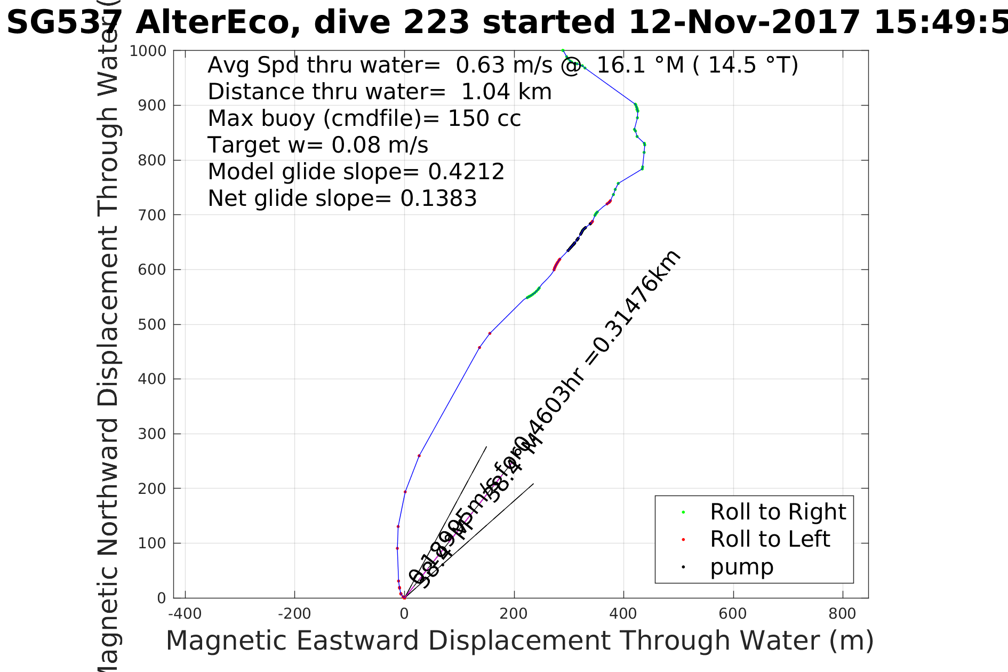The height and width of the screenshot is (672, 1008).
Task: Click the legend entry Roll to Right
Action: (x=778, y=512)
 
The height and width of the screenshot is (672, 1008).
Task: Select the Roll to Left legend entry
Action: (x=770, y=539)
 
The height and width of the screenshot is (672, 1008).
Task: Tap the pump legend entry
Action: (x=741, y=567)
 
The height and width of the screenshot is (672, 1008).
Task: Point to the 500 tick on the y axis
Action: (x=152, y=325)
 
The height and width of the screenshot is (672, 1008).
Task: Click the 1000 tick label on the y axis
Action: (x=148, y=51)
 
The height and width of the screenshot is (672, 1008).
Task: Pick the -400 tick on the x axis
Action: (x=185, y=614)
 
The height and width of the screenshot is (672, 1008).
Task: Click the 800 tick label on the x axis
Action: (x=842, y=614)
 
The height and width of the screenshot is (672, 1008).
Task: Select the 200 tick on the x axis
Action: (x=514, y=614)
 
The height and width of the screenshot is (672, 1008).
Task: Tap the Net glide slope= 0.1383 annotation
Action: (x=342, y=198)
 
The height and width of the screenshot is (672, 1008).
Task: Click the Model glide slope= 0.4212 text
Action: (x=356, y=172)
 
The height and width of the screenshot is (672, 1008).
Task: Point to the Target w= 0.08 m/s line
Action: (x=318, y=145)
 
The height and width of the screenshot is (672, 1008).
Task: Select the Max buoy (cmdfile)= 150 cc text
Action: (x=364, y=118)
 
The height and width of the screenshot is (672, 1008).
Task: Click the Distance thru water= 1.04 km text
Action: (x=379, y=92)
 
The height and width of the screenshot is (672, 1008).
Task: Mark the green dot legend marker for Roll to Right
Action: (x=683, y=513)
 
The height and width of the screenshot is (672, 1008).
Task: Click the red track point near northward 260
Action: (x=419, y=456)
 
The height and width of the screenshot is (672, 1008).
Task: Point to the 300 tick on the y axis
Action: (x=152, y=434)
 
